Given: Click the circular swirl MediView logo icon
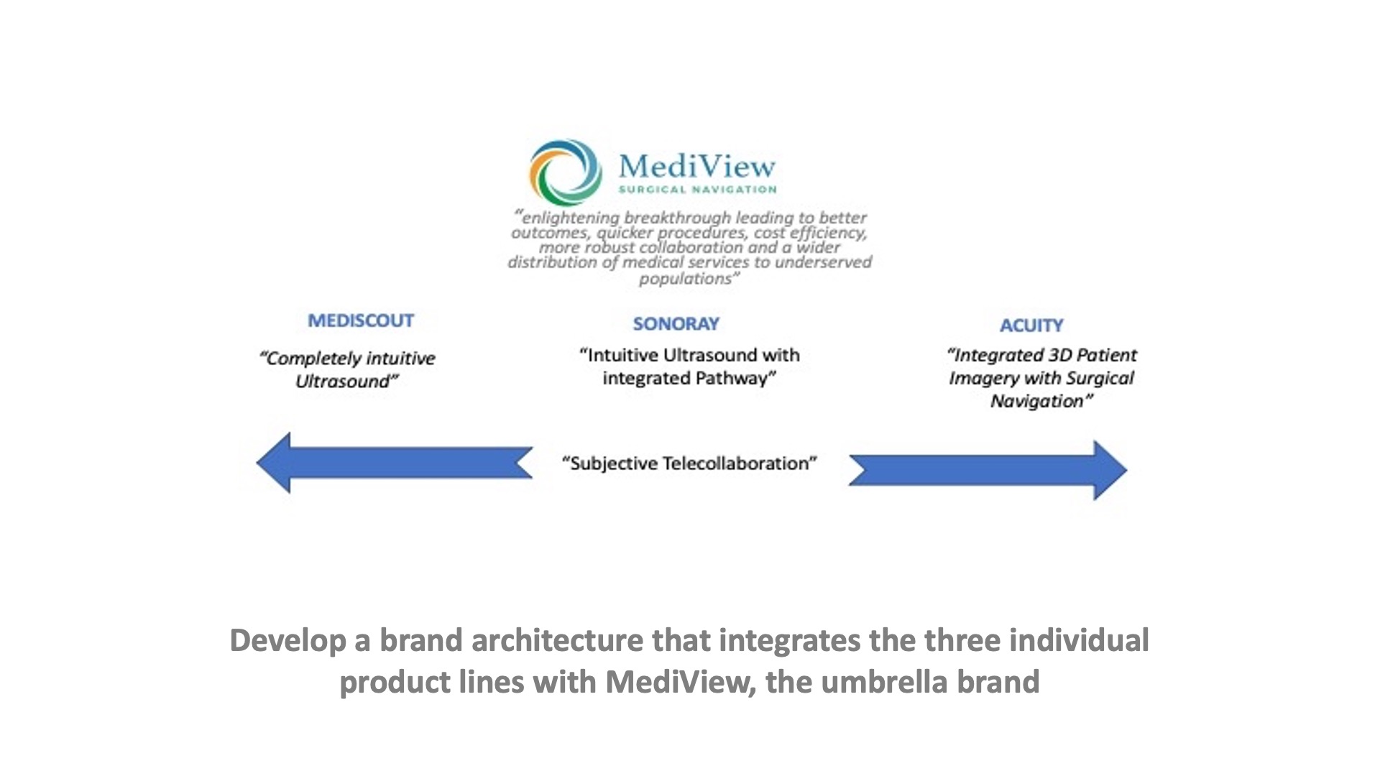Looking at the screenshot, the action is pos(566,172).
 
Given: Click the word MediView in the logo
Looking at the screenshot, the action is pos(697,166).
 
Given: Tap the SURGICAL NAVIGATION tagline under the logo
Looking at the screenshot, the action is pos(698,190).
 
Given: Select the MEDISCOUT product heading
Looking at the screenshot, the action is pos(361,320).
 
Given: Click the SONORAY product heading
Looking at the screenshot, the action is pos(676,324).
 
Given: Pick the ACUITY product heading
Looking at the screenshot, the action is pos(1031,325).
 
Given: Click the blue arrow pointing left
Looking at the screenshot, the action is pos(394,463).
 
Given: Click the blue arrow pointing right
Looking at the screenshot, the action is pos(988,470).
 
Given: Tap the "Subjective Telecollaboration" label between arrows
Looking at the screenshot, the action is pos(689,463).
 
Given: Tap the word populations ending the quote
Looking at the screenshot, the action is pos(685,279).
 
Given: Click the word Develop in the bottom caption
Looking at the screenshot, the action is pos(288,641).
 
